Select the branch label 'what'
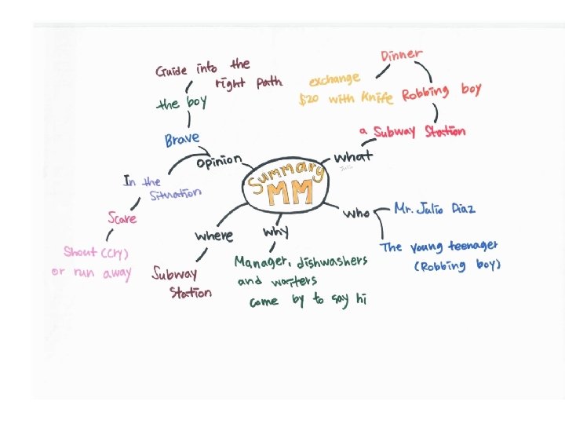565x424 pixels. tap(354, 155)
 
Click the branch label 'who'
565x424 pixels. tap(357, 213)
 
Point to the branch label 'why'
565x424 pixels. tap(275, 232)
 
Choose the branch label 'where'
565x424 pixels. tap(213, 235)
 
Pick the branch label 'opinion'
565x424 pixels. tap(218, 162)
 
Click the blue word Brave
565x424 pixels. tap(182, 140)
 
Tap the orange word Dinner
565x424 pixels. tap(402, 56)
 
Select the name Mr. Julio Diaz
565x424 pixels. tap(434, 210)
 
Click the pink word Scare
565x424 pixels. tap(122, 217)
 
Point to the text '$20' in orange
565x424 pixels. tap(309, 100)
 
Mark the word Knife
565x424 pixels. tap(377, 98)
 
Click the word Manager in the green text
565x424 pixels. tap(263, 261)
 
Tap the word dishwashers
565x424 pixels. tap(332, 261)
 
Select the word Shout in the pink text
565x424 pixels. tap(82, 252)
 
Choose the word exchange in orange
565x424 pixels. tap(334, 80)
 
